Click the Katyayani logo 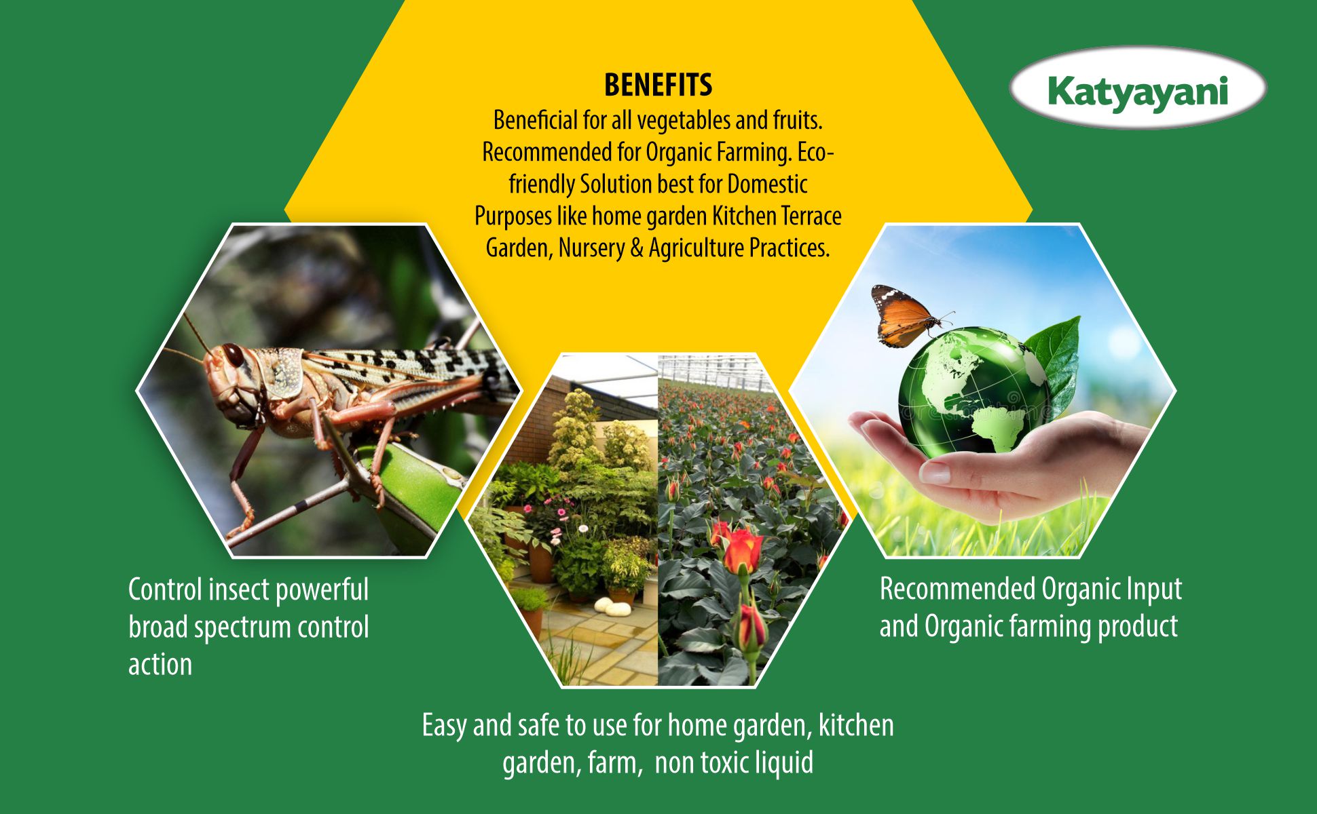[1138, 88]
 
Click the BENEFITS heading [658, 85]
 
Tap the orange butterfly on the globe [907, 315]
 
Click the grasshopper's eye [233, 354]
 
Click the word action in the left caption [160, 665]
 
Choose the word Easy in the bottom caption [444, 726]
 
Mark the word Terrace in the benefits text [811, 216]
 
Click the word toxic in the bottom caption [724, 763]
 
